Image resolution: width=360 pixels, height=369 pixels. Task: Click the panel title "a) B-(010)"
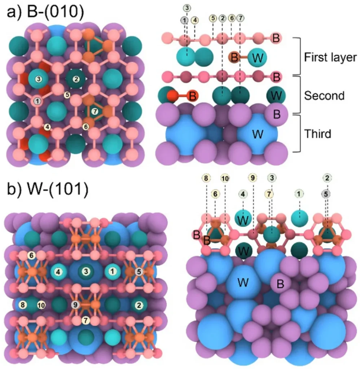(46, 13)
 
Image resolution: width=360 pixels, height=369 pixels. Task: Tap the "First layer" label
(330, 57)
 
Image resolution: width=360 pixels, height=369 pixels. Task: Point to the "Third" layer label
(318, 134)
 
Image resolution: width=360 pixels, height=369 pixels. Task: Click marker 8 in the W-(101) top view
(23, 305)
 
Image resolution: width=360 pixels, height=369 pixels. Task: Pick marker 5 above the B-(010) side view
(213, 18)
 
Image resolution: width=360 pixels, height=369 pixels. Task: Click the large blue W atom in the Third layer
(258, 135)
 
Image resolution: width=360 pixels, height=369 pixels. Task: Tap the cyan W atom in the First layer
(258, 57)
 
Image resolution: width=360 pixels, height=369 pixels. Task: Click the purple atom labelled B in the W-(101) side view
(280, 284)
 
